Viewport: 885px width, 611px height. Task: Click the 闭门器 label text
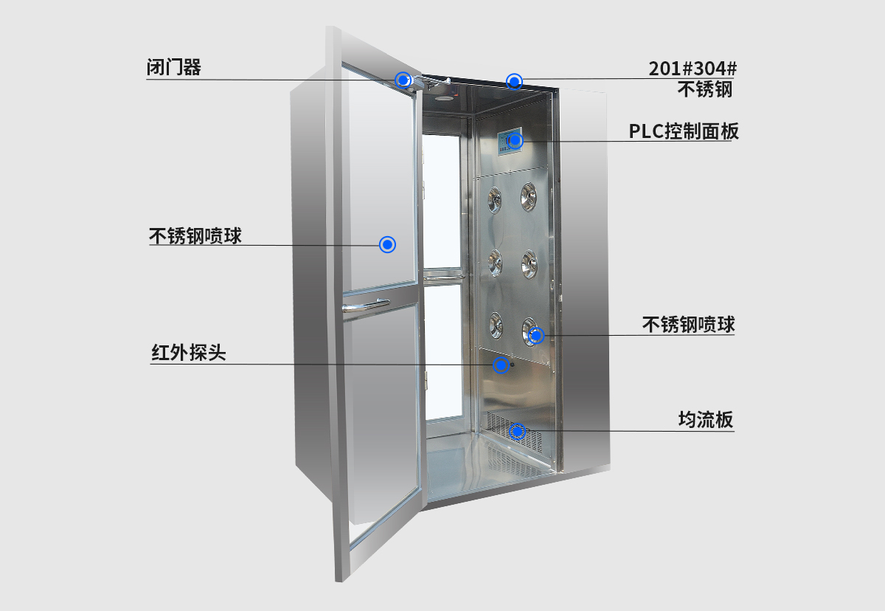[173, 68]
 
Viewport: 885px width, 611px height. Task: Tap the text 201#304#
[693, 69]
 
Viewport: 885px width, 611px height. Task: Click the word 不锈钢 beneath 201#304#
[705, 89]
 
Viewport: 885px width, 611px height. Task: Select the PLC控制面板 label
[684, 131]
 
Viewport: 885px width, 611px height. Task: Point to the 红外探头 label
[189, 353]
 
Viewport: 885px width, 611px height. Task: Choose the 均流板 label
[706, 420]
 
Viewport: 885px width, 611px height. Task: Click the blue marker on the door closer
[403, 80]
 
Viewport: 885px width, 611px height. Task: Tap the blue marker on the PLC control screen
[515, 140]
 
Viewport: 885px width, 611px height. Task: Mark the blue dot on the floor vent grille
[518, 431]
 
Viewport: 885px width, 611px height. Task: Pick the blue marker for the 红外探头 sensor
[502, 364]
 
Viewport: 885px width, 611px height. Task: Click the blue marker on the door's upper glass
[387, 244]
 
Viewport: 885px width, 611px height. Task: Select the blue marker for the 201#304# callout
[514, 80]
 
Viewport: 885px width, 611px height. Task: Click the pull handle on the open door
[366, 305]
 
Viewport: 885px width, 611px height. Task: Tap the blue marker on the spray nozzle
[536, 335]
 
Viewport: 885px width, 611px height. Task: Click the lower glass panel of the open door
[381, 413]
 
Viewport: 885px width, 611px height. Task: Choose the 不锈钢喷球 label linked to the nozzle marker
[688, 325]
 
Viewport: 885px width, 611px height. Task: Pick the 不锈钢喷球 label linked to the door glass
[195, 236]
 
